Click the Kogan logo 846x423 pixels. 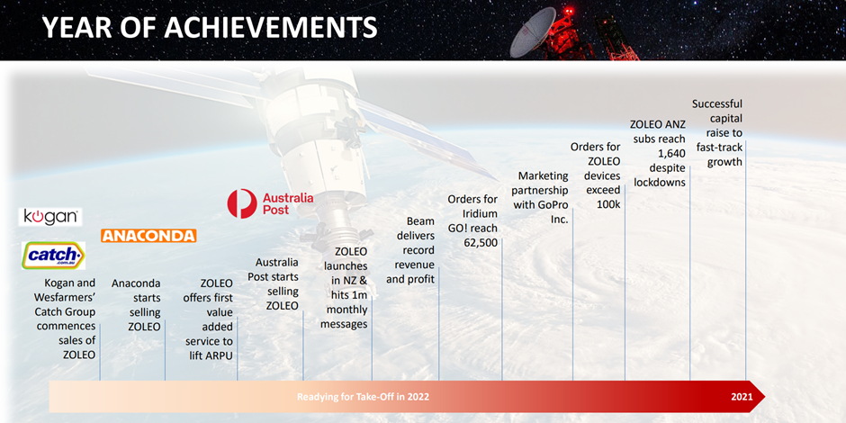pyautogui.click(x=50, y=217)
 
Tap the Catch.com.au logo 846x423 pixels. pyautogui.click(x=53, y=256)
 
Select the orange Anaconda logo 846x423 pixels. pyautogui.click(x=148, y=236)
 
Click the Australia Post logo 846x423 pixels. pyautogui.click(x=270, y=203)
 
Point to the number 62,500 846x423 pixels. pyautogui.click(x=481, y=242)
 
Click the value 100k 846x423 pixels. pyautogui.click(x=608, y=204)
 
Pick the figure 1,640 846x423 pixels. pyautogui.click(x=671, y=154)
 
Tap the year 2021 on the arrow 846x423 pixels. pyautogui.click(x=742, y=397)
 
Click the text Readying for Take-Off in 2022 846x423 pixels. pyautogui.click(x=363, y=397)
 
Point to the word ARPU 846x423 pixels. pyautogui.click(x=219, y=355)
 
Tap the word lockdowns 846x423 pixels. pyautogui.click(x=660, y=183)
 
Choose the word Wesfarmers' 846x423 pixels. pyautogui.click(x=65, y=297)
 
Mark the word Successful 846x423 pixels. pyautogui.click(x=717, y=103)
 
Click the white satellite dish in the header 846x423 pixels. pyautogui.click(x=533, y=33)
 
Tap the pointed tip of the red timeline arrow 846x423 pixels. pyautogui.click(x=765, y=397)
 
